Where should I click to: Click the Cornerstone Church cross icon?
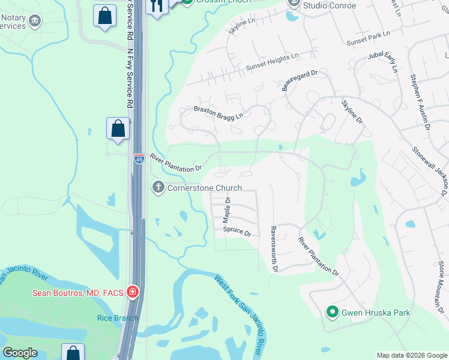[x=158, y=188]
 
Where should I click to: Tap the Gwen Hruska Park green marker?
[x=331, y=312]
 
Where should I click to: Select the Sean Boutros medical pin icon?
[x=133, y=293]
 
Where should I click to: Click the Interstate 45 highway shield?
[x=139, y=159]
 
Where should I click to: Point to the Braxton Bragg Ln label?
[x=218, y=112]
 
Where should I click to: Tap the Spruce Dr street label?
[x=237, y=230]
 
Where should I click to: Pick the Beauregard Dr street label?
[x=300, y=80]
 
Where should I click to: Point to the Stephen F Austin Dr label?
[x=420, y=101]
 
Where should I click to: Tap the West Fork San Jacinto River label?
[x=240, y=313]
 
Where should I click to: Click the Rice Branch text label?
[x=114, y=317]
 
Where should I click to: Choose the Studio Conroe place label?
[x=329, y=6]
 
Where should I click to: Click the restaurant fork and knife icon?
[x=157, y=7]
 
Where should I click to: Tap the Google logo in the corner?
[x=20, y=353]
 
